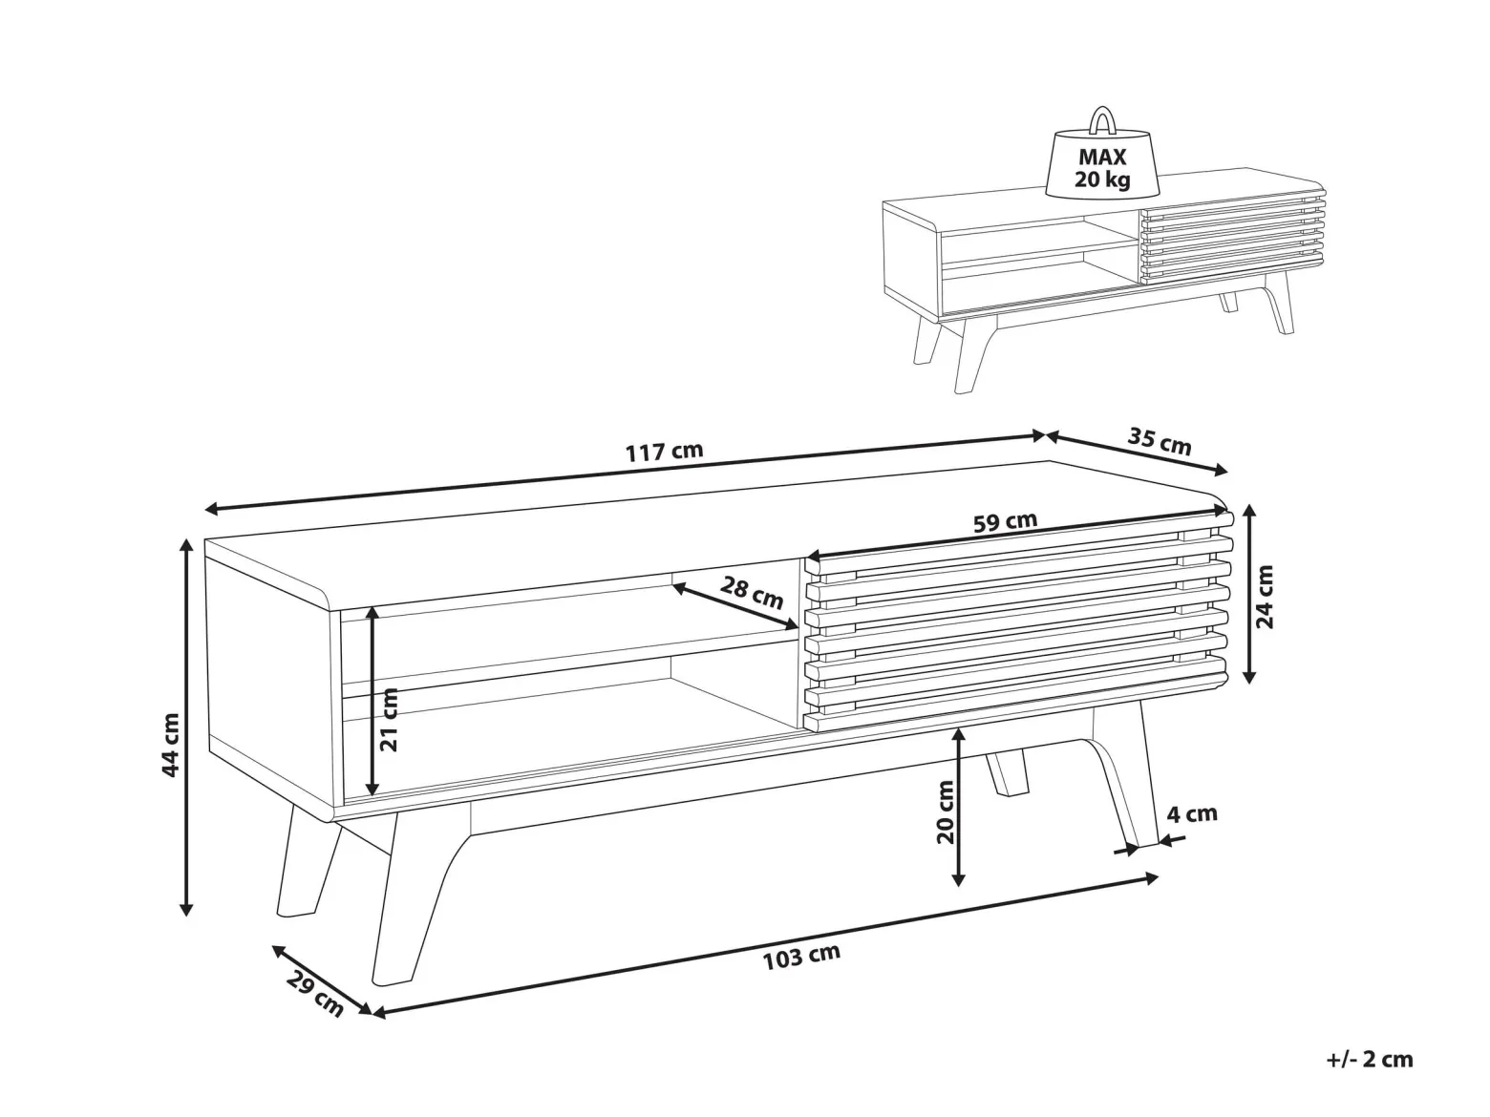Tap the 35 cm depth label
click(1160, 441)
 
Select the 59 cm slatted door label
click(1006, 521)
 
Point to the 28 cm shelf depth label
click(752, 592)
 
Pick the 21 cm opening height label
click(389, 720)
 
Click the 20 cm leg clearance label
click(945, 811)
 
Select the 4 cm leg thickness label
click(1192, 813)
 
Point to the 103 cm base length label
click(801, 957)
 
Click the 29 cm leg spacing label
click(314, 994)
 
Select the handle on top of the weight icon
click(1103, 120)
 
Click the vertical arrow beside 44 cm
click(186, 727)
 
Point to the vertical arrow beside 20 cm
click(959, 808)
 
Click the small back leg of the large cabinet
click(1007, 771)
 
